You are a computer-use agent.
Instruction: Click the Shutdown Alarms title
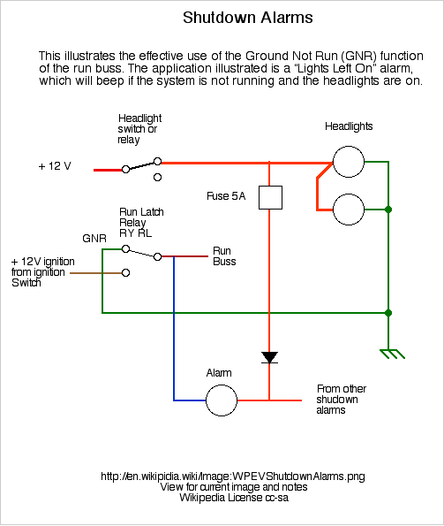(x=248, y=18)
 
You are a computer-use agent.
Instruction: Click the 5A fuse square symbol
(x=271, y=198)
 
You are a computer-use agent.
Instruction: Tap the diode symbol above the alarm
(x=269, y=357)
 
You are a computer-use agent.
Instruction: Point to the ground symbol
(x=392, y=354)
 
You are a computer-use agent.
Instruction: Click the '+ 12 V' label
(x=55, y=166)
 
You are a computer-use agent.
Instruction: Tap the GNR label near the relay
(x=94, y=239)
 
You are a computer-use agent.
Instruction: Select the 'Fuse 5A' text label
(x=226, y=196)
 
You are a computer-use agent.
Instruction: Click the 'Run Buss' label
(x=224, y=256)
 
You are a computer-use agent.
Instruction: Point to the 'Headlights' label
(x=349, y=126)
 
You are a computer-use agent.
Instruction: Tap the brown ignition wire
(x=95, y=273)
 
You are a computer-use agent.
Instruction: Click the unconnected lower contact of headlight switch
(x=158, y=177)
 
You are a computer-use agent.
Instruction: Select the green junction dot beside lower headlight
(x=388, y=210)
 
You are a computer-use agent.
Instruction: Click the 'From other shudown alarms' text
(x=342, y=400)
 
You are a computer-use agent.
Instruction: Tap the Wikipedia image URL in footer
(x=233, y=476)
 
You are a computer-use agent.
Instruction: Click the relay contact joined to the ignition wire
(x=126, y=273)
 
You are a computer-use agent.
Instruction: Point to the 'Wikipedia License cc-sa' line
(x=234, y=497)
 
